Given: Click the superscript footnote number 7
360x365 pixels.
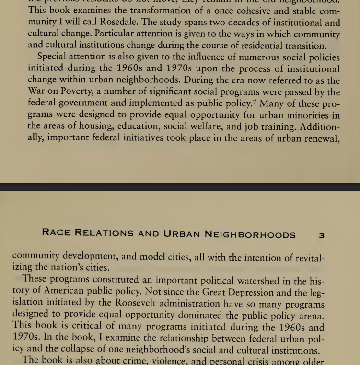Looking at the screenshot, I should pyautogui.click(x=255, y=101).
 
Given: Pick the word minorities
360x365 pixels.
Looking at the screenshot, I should pyautogui.click(x=307, y=115).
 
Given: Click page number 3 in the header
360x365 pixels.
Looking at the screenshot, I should pyautogui.click(x=322, y=235).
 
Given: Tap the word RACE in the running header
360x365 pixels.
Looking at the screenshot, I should pyautogui.click(x=57, y=233).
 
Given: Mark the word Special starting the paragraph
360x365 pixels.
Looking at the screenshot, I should pyautogui.click(x=54, y=57).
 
